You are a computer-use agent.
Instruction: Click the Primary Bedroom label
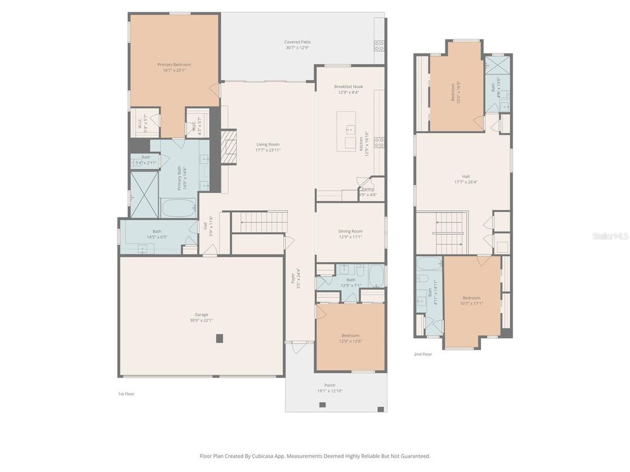tap(174, 65)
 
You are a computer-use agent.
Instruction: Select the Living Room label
tap(268, 144)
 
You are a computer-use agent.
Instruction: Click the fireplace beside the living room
tap(228, 147)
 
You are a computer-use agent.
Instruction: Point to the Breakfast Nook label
tap(349, 87)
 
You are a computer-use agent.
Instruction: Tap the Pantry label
tap(368, 189)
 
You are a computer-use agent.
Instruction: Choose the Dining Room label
tap(350, 231)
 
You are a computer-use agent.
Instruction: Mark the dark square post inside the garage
tap(219, 338)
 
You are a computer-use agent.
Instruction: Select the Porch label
tap(330, 385)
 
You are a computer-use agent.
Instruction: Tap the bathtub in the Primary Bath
tap(178, 208)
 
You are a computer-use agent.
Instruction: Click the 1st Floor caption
tap(126, 394)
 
